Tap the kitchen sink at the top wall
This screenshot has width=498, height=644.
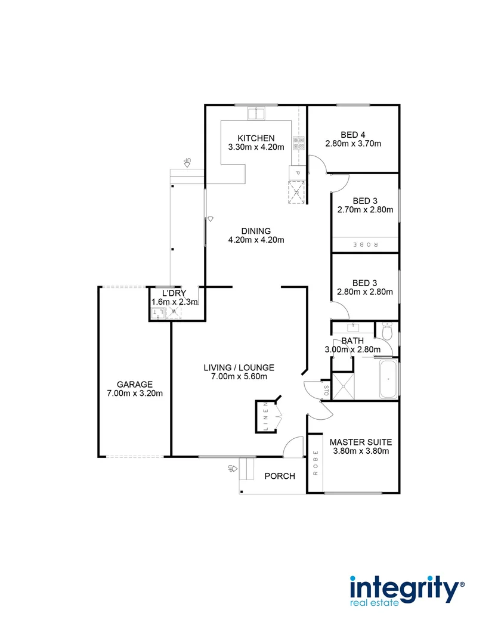click(x=257, y=113)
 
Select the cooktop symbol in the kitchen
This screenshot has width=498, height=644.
click(x=298, y=143)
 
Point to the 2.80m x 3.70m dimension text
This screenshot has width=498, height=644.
click(x=353, y=144)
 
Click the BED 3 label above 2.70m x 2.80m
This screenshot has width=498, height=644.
click(x=365, y=200)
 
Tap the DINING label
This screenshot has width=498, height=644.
click(x=256, y=231)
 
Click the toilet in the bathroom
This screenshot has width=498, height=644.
click(x=386, y=332)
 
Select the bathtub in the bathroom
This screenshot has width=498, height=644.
click(x=388, y=379)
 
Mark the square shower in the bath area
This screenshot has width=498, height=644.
click(x=343, y=386)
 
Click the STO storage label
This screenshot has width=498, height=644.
click(x=326, y=391)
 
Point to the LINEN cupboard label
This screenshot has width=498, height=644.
click(x=266, y=416)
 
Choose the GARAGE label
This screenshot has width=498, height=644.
click(x=135, y=385)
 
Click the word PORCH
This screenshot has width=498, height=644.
click(x=280, y=476)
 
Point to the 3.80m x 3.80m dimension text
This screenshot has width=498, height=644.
click(x=360, y=451)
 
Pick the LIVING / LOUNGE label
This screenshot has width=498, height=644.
click(x=239, y=367)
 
